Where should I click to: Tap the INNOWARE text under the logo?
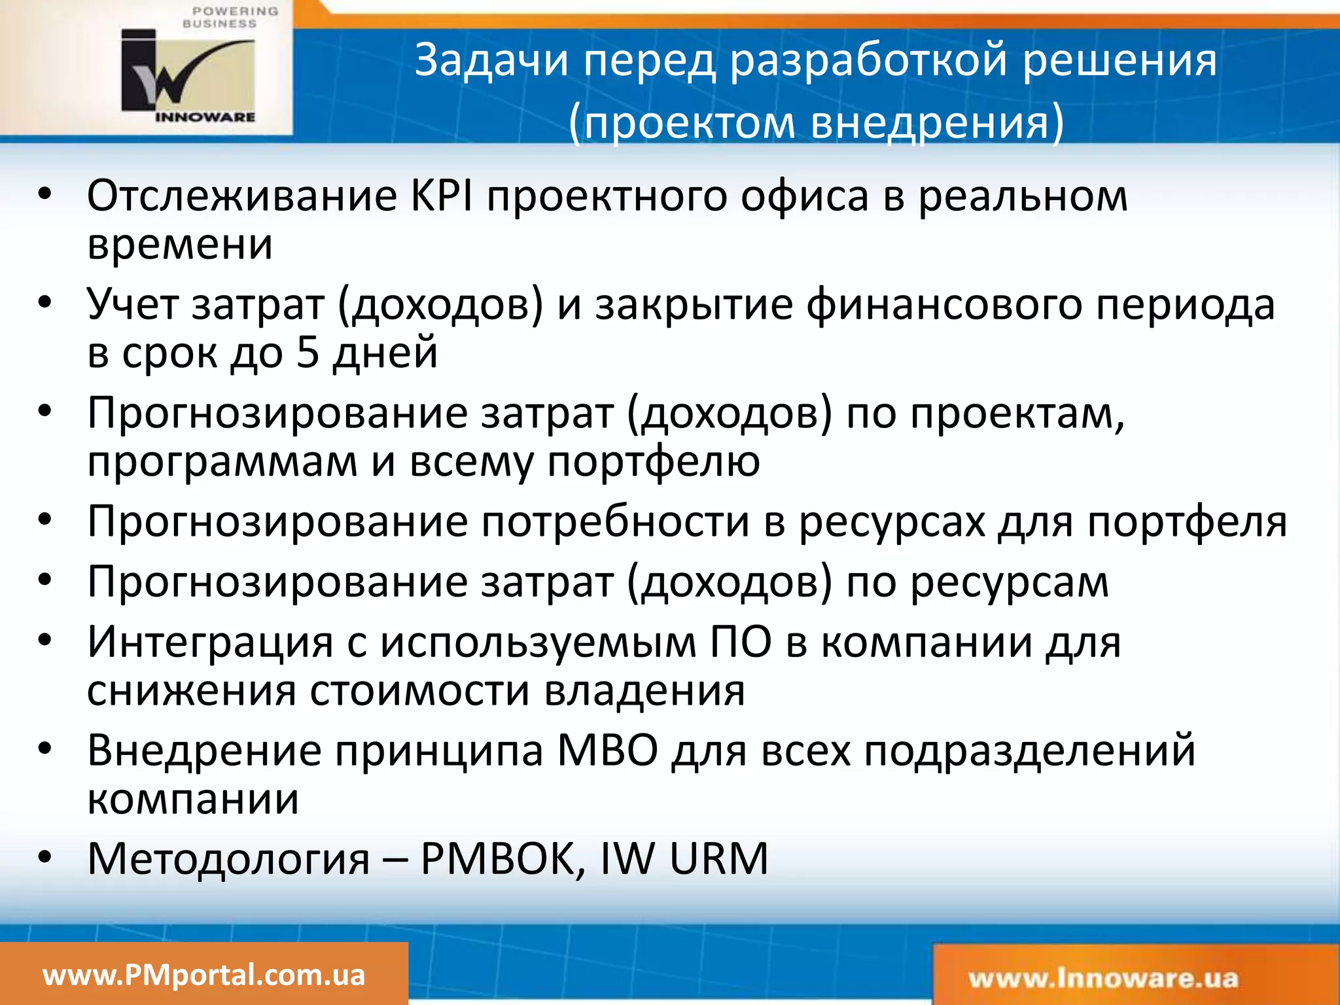tap(205, 117)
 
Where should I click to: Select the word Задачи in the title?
tap(491, 60)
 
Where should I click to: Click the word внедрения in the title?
tap(936, 123)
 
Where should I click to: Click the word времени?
tap(180, 245)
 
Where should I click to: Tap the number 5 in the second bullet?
tap(307, 353)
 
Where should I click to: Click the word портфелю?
tap(653, 461)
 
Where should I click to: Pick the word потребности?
tap(615, 522)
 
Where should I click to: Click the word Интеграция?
tap(210, 642)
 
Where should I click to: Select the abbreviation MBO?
tap(607, 750)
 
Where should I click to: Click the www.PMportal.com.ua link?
tap(203, 976)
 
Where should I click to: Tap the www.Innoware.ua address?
tap(1103, 979)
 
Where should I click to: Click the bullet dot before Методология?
tap(44, 856)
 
